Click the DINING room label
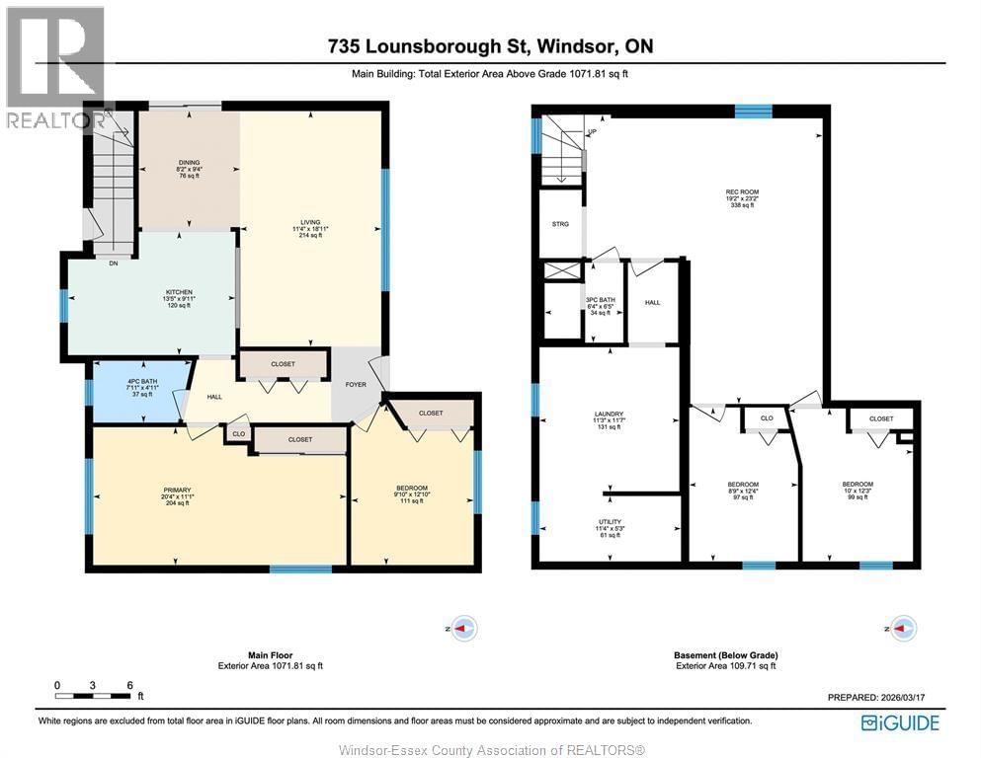tap(189, 163)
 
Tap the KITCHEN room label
tap(179, 293)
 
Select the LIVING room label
tap(311, 222)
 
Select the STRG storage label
tap(560, 224)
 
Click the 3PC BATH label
tap(601, 300)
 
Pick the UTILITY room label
tap(610, 522)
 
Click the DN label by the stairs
tap(113, 263)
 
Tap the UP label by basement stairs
tap(592, 132)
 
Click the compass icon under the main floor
tap(462, 628)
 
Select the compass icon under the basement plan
tap(903, 628)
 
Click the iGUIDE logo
tap(899, 722)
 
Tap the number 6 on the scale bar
tap(128, 685)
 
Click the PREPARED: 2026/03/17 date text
tap(882, 697)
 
